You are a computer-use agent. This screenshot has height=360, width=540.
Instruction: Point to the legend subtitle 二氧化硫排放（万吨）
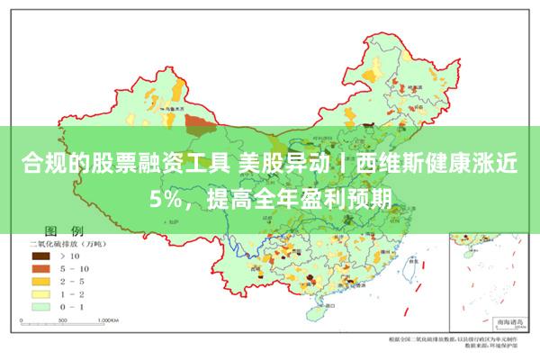68,243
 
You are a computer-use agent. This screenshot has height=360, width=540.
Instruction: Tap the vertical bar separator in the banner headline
343,164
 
